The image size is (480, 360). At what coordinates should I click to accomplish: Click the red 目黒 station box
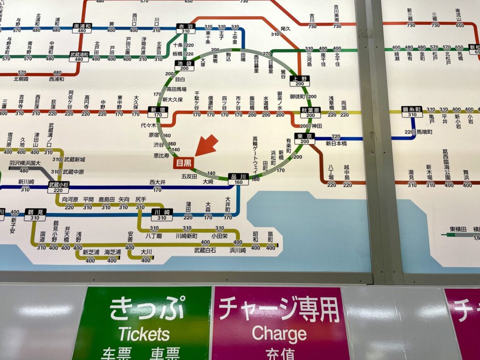click(x=183, y=163)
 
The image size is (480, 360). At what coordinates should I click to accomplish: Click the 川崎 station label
click(x=162, y=212)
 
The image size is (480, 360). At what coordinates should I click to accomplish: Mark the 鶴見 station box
click(x=35, y=212)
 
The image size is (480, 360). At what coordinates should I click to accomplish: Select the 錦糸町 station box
click(x=412, y=109)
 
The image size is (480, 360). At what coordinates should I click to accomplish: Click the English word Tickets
click(x=143, y=334)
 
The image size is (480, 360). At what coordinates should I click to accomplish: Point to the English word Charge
click(x=279, y=334)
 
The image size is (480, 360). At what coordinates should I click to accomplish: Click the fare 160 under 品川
click(x=239, y=182)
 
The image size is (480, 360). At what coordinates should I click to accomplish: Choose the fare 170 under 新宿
click(x=158, y=115)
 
